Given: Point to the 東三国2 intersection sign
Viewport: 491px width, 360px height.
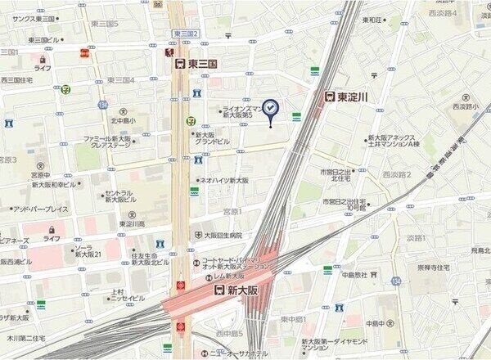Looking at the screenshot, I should tap(187, 33).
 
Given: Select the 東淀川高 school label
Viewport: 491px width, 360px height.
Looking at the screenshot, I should tap(130, 223).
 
